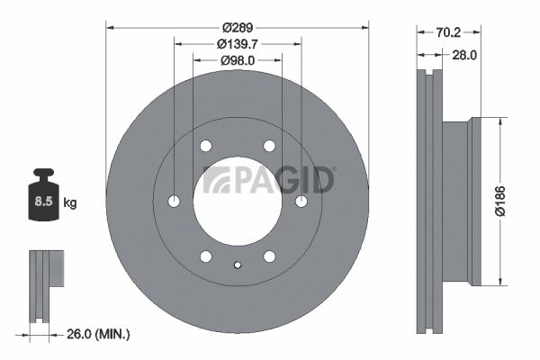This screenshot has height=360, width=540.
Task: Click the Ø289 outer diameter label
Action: pyautogui.click(x=238, y=27)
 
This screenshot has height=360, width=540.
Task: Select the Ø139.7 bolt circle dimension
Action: pyautogui.click(x=238, y=44)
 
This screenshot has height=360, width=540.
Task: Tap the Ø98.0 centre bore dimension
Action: pyautogui.click(x=238, y=60)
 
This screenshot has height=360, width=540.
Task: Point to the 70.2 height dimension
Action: pyautogui.click(x=448, y=32)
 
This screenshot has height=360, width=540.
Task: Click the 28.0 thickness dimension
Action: pyautogui.click(x=463, y=55)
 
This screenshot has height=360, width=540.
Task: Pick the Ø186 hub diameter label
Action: pyautogui.click(x=500, y=202)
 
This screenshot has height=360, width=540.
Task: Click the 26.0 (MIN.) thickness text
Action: pyautogui.click(x=98, y=334)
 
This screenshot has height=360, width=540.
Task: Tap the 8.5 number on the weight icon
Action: pyautogui.click(x=43, y=201)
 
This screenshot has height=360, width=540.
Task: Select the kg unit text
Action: pyautogui.click(x=70, y=202)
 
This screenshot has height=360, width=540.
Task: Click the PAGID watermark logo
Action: pyautogui.click(x=269, y=180)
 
